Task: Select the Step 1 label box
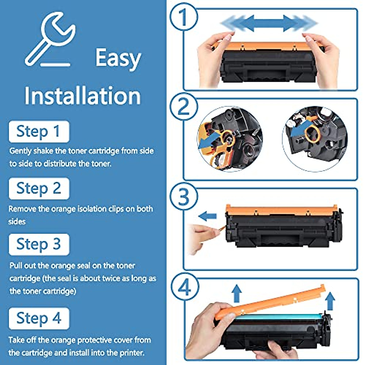click(x=39, y=132)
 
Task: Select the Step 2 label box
click(x=39, y=189)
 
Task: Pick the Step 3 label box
click(x=39, y=244)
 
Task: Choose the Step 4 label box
click(x=39, y=319)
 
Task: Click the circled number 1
click(x=183, y=17)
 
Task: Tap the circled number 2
click(x=183, y=106)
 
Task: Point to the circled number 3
click(x=183, y=197)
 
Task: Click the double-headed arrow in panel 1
click(x=269, y=23)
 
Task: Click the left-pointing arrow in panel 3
click(x=207, y=216)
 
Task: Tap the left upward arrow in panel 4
click(x=237, y=294)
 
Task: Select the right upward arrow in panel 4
click(x=330, y=301)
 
